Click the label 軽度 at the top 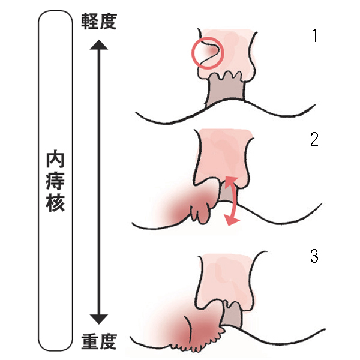click(x=100, y=22)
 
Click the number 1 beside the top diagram click(x=314, y=37)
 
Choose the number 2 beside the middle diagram click(x=314, y=140)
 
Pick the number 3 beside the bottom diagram click(x=314, y=256)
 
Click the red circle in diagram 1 click(x=206, y=52)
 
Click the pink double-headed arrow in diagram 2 click(x=230, y=201)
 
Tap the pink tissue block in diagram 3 click(x=228, y=276)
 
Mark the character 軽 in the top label click(x=89, y=22)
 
